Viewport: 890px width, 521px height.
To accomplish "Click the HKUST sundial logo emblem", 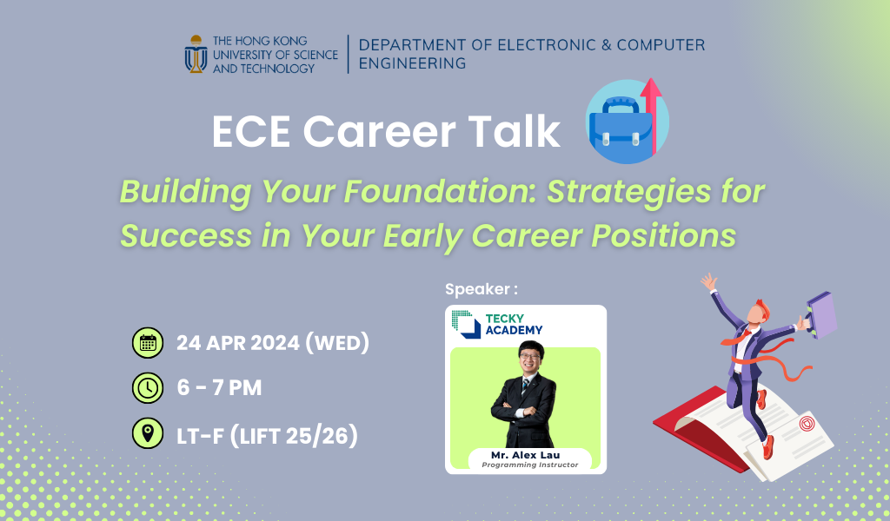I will pyautogui.click(x=196, y=54).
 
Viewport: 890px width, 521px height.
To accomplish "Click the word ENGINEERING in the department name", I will pyautogui.click(x=411, y=63).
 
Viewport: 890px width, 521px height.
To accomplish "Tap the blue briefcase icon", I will pyautogui.click(x=620, y=129).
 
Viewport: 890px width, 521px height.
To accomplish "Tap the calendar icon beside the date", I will pyautogui.click(x=148, y=343).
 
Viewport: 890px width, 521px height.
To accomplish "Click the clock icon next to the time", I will pyautogui.click(x=148, y=388).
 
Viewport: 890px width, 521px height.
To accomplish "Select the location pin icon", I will pyautogui.click(x=148, y=433).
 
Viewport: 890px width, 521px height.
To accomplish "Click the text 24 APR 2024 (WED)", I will pyautogui.click(x=273, y=343).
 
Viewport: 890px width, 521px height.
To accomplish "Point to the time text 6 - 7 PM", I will pyautogui.click(x=218, y=388).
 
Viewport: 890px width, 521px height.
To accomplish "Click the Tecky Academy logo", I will pyautogui.click(x=496, y=323).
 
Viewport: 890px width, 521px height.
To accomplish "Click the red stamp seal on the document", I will pyautogui.click(x=807, y=425).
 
